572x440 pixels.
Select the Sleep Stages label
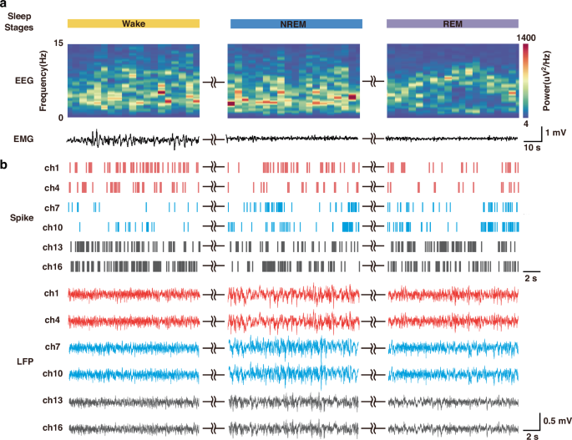[18, 24]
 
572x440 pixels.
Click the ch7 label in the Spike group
[52, 206]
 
